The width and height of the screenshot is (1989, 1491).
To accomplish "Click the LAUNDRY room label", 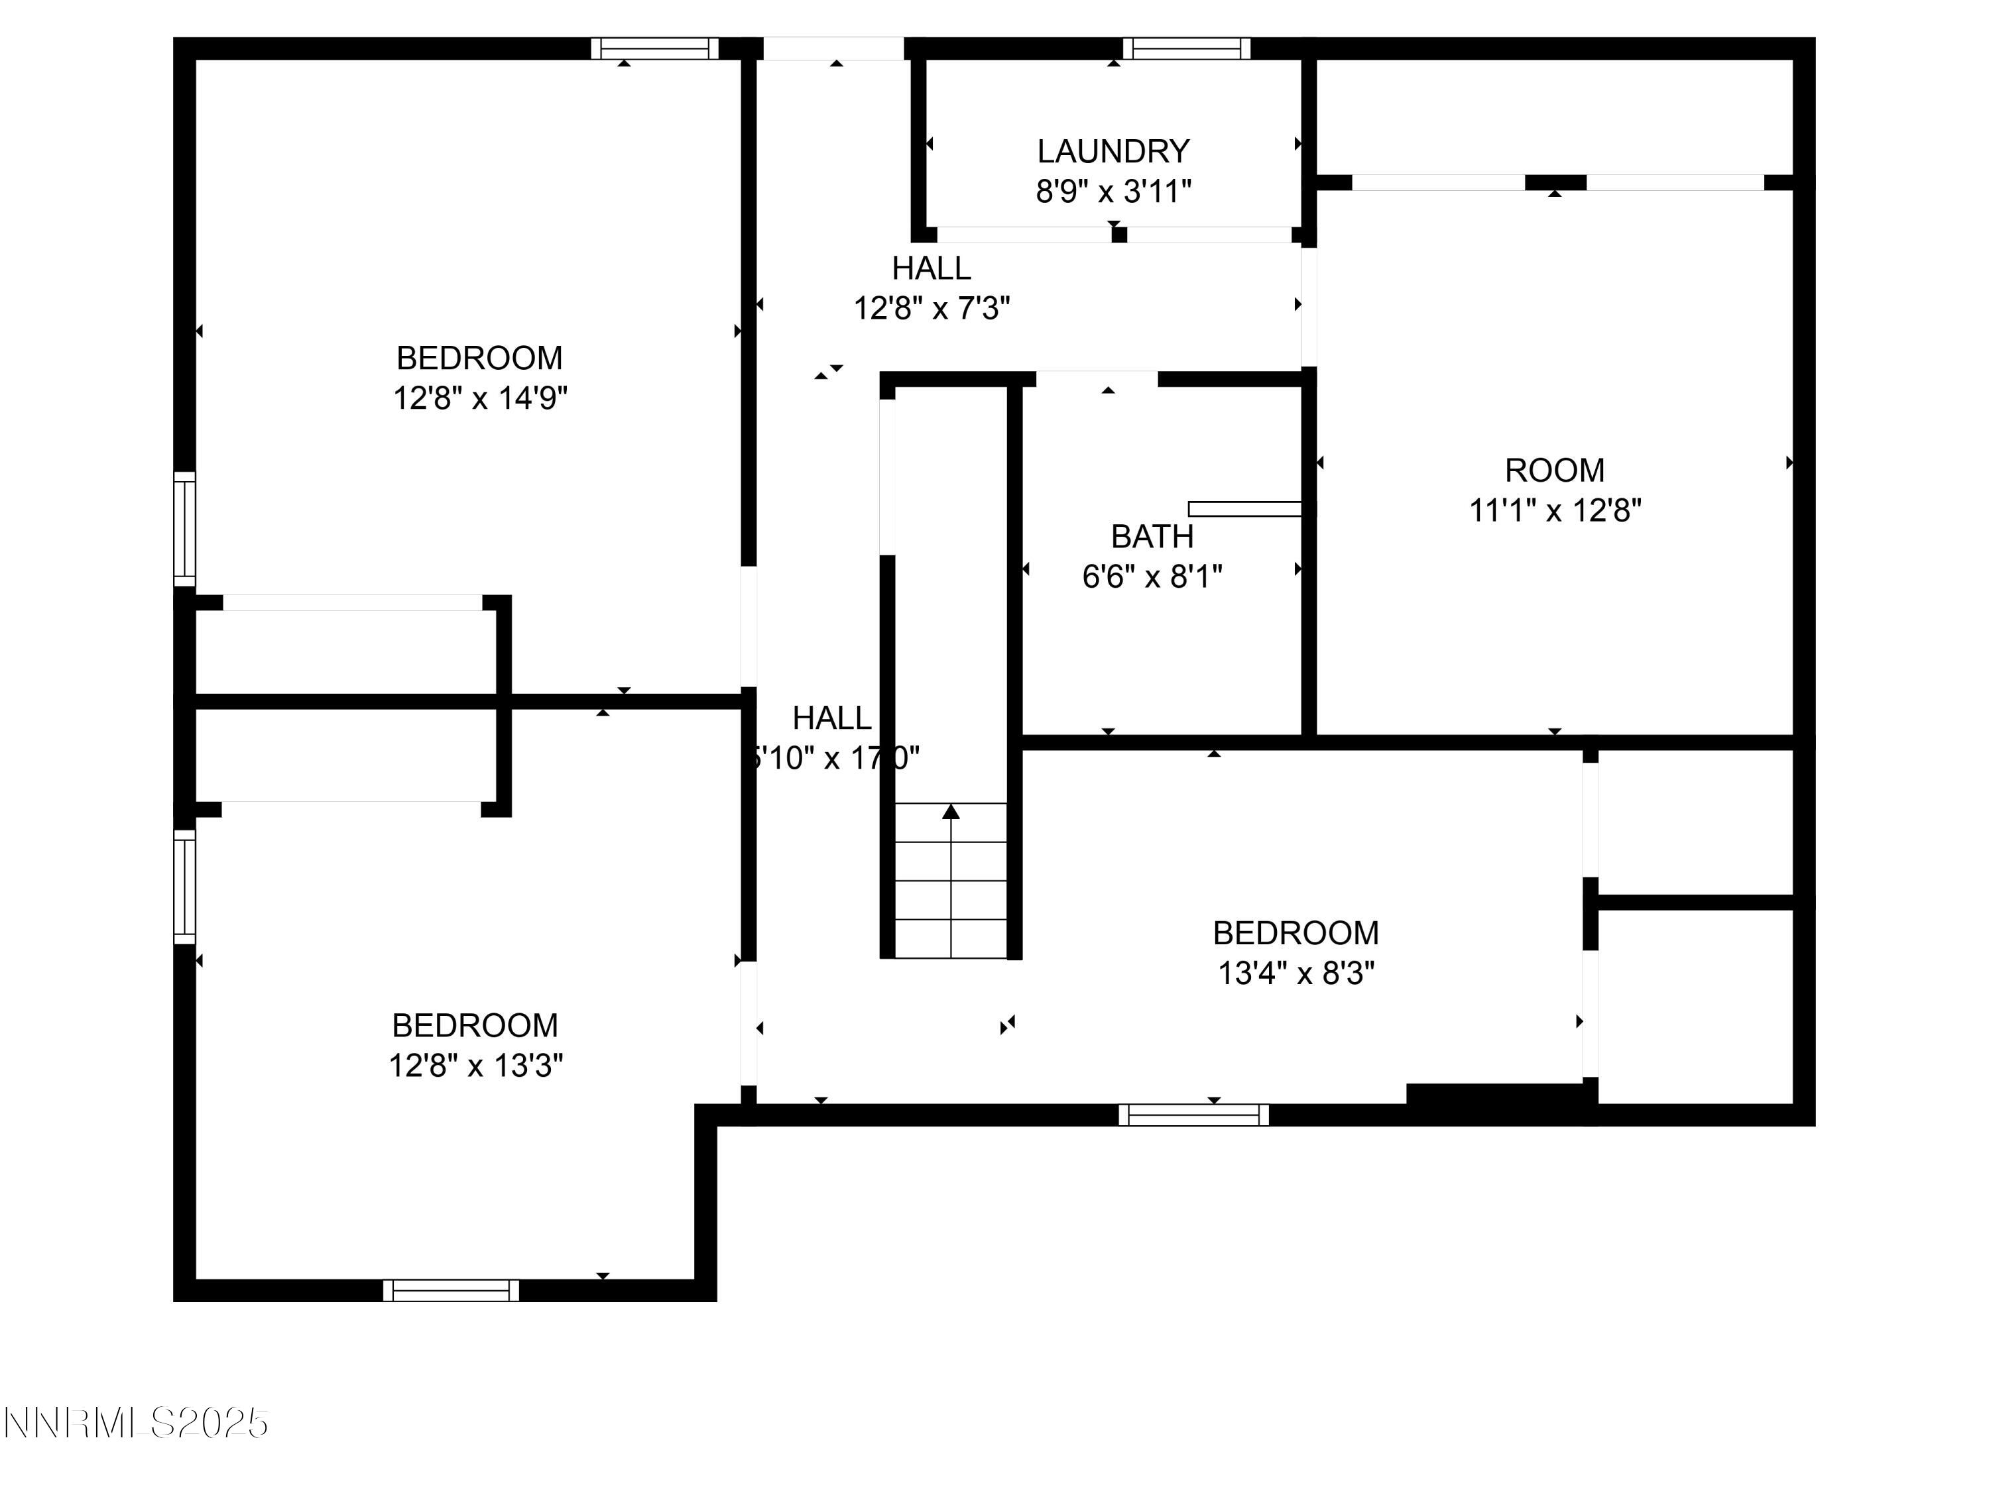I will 1113,151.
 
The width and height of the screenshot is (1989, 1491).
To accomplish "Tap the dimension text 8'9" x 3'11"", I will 1113,192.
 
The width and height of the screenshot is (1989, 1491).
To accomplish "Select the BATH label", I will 1152,537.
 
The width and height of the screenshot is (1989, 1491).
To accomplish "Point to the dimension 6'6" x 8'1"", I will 1152,576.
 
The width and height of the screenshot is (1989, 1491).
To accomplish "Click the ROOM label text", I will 1555,470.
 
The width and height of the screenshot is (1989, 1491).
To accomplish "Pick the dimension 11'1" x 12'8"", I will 1555,510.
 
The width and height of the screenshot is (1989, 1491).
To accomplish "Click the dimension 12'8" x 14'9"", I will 479,397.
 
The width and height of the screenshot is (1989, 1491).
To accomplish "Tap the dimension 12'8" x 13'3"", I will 475,1066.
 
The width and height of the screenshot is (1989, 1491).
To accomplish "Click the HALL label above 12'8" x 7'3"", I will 931,268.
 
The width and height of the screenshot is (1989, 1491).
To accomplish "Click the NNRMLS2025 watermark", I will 136,1423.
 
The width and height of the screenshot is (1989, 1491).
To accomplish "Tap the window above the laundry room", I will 1186,48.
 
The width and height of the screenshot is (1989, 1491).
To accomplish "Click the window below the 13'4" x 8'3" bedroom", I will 1193,1115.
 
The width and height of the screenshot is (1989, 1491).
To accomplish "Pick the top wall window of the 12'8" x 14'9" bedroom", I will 654,48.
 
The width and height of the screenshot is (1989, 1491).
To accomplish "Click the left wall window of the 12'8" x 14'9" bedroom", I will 184,528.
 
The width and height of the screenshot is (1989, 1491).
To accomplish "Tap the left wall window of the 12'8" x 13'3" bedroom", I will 184,886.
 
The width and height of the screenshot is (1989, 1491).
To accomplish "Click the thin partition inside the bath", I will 1245,509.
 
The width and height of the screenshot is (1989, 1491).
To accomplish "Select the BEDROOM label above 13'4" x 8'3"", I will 1296,933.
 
